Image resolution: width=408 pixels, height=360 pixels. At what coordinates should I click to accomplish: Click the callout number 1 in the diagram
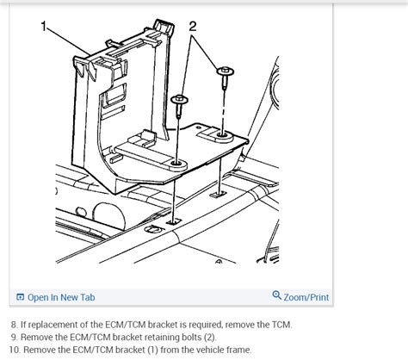click(45, 27)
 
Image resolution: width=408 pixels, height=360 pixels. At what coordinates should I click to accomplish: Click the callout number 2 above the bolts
click(192, 27)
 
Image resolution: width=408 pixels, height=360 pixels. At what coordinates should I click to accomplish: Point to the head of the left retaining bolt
click(181, 101)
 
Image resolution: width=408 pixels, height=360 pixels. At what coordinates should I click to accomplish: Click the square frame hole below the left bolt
click(173, 221)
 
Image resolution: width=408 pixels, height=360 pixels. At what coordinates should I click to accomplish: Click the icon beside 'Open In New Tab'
click(21, 297)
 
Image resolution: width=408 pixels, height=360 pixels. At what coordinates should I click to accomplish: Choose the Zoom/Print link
click(306, 297)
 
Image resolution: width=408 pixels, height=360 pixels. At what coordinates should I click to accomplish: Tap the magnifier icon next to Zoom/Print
click(276, 297)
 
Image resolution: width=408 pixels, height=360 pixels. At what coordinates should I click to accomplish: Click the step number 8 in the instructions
click(13, 324)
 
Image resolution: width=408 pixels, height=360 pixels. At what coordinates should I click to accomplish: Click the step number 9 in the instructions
click(13, 337)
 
